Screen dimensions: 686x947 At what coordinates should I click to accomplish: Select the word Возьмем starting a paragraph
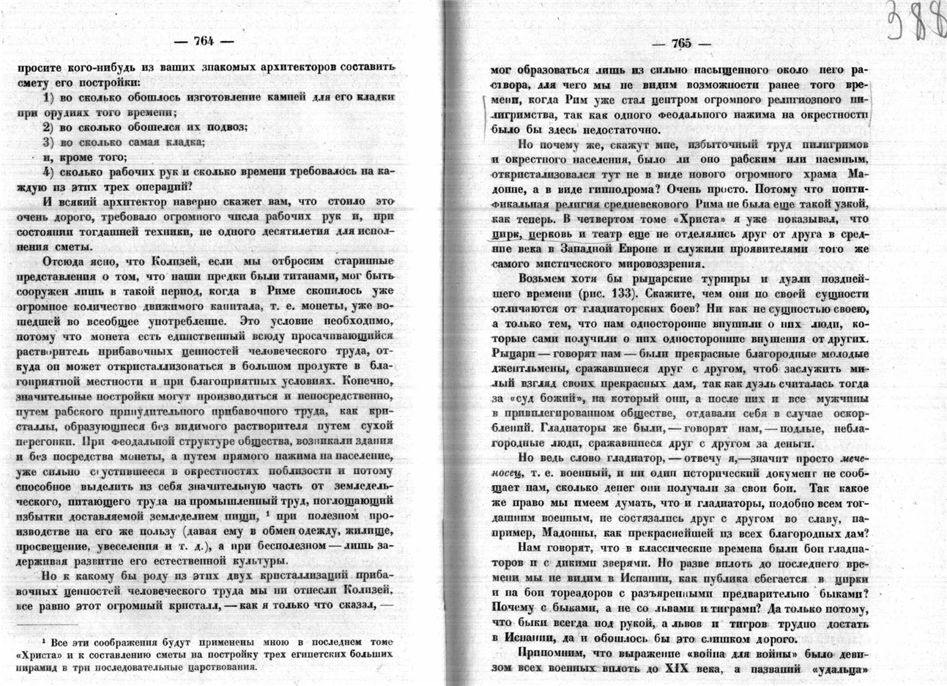(546, 279)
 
